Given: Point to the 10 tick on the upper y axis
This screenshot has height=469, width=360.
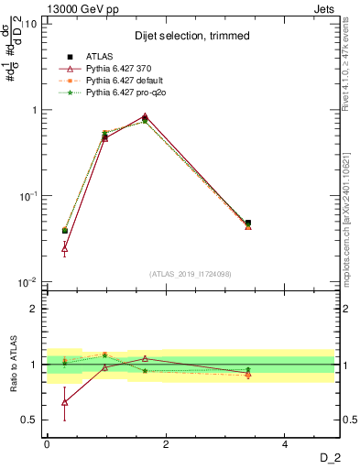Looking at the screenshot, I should (30, 24).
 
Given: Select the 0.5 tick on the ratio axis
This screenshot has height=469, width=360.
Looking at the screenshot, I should (28, 420).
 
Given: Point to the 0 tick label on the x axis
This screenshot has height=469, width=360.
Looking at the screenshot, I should (47, 444).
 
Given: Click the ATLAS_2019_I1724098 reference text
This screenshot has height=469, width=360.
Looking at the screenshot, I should (191, 274).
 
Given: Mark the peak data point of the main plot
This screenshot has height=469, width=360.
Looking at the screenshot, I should (145, 116).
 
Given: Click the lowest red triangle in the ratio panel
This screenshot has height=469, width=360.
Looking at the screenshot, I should (64, 402).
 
